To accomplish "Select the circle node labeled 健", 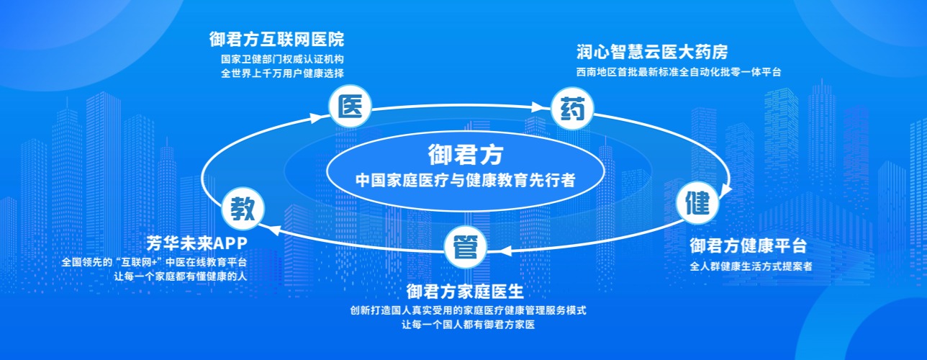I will [x=697, y=202].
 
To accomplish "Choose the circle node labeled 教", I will [x=243, y=208].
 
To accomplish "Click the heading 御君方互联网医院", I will [x=276, y=39].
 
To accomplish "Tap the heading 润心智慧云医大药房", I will [x=652, y=52].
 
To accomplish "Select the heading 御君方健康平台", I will [x=748, y=246].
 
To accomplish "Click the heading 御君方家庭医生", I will [x=464, y=292].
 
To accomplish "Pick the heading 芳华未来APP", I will [x=196, y=243].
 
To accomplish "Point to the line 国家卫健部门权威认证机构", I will [x=283, y=59].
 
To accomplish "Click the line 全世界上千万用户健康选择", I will [x=283, y=73].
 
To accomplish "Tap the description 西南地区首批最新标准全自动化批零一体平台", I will [x=679, y=72].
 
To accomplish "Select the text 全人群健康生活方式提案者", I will [x=751, y=266].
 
